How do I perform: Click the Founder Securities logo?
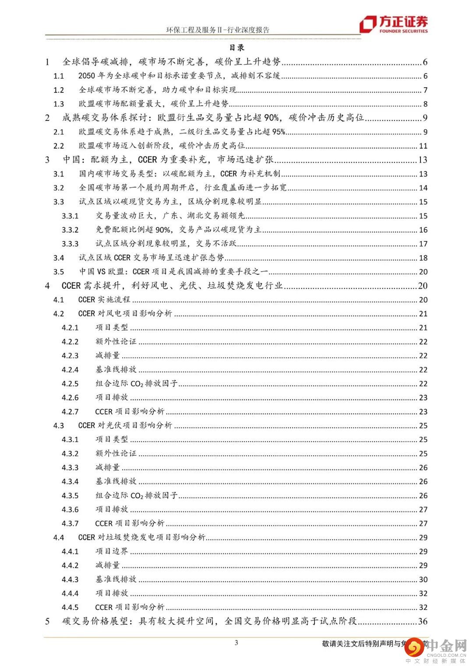pos(393,25)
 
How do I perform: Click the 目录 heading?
pos(237,48)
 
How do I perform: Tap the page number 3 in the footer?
pos(236,643)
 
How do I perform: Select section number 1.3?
pos(59,104)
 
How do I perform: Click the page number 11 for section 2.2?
pos(423,146)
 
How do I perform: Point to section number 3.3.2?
pos(70,230)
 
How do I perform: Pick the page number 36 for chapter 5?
pos(423,621)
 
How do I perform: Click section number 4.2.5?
pos(70,384)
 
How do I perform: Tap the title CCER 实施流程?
pos(104,300)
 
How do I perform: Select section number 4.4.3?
pos(70,580)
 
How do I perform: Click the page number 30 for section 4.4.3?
pos(423,580)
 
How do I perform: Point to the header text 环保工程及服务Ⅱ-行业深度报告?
pos(218,30)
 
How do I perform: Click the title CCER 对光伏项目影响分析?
pos(125,425)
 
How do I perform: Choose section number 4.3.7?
pos(70,524)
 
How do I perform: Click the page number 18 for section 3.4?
pos(423,258)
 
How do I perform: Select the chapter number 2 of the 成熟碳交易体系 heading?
pos(47,118)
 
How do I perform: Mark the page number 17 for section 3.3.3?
pos(423,244)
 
